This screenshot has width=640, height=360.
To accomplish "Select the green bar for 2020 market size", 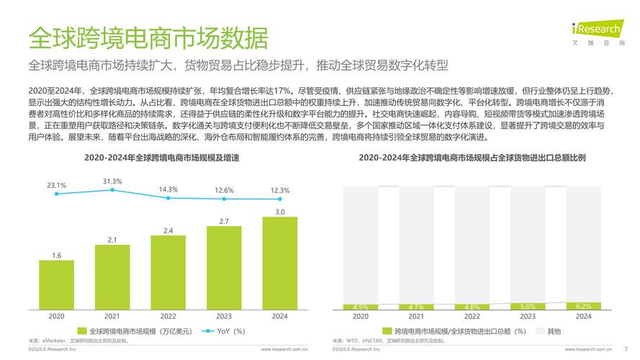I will click(x=56, y=284).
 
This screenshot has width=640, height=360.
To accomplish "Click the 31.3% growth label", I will click(x=112, y=181).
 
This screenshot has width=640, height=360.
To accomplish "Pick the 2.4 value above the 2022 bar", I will click(x=168, y=230).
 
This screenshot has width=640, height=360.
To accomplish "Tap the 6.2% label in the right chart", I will click(x=583, y=306).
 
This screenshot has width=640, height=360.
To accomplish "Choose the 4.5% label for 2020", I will click(x=361, y=307).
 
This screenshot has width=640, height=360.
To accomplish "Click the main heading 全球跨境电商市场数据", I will click(x=148, y=37).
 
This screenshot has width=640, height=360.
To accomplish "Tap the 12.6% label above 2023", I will click(x=224, y=190).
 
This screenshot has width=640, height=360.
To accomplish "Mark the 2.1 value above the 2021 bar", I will click(x=112, y=240).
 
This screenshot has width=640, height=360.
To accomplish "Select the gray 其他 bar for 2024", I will click(x=583, y=241).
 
